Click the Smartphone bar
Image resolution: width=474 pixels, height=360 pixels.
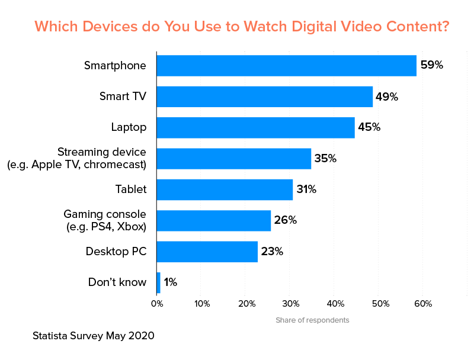(x=287, y=66)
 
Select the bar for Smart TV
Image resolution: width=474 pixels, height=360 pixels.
(x=265, y=97)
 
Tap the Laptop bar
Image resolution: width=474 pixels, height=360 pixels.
(x=256, y=127)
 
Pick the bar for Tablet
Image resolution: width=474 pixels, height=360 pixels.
(x=225, y=189)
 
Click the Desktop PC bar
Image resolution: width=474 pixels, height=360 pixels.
(x=207, y=251)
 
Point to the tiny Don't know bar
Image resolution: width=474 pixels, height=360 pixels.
(x=158, y=282)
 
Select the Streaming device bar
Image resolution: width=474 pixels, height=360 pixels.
(x=234, y=159)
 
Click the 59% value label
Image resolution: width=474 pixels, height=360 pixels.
(x=431, y=66)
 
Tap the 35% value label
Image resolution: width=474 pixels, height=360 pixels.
(x=325, y=159)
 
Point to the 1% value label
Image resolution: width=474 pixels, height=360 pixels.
(x=170, y=282)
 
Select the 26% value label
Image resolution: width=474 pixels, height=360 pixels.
(x=285, y=220)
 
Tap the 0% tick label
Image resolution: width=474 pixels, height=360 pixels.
(x=157, y=304)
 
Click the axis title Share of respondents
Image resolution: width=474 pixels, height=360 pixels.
(x=312, y=320)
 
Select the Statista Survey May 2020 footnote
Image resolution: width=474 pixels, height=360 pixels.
(x=93, y=336)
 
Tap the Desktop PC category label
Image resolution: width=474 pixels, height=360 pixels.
(x=116, y=252)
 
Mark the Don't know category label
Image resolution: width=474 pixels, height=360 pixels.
(x=117, y=282)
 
